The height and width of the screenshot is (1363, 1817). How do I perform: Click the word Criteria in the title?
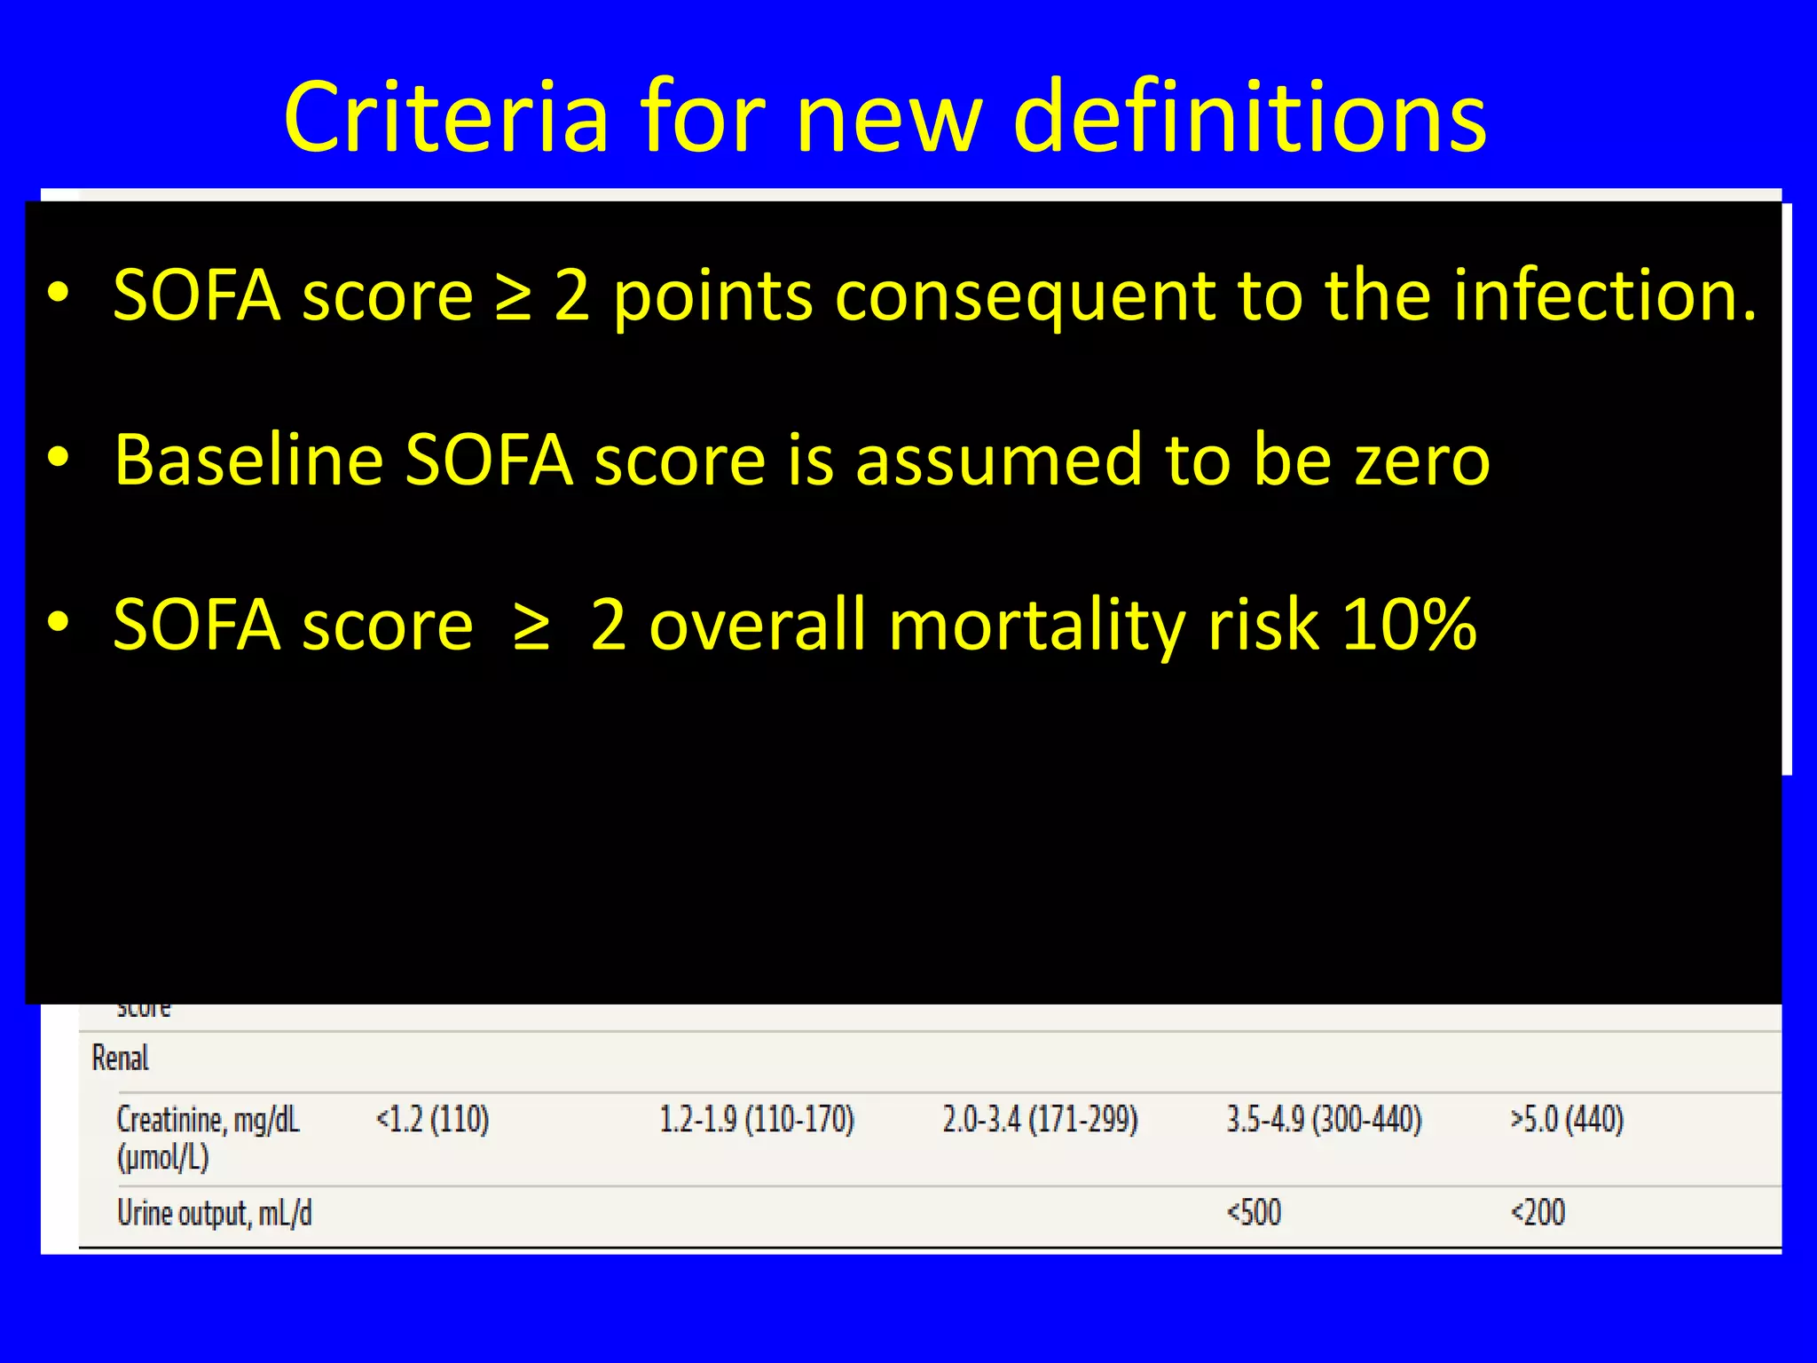click(446, 117)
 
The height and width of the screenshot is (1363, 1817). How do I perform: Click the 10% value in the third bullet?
click(1409, 625)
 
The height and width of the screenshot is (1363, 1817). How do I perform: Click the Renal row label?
click(121, 1059)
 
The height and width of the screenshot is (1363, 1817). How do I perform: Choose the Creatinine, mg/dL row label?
click(208, 1120)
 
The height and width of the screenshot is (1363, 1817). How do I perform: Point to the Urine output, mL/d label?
click(215, 1213)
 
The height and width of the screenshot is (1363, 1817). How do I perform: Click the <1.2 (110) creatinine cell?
click(432, 1120)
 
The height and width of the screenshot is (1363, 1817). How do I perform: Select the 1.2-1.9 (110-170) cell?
click(756, 1120)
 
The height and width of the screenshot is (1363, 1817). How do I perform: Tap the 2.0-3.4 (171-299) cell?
click(1040, 1120)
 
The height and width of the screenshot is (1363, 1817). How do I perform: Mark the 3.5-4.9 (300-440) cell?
click(1324, 1120)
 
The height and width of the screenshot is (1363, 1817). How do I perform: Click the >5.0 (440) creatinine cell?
click(1567, 1120)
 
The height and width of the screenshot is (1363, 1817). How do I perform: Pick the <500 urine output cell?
click(1254, 1213)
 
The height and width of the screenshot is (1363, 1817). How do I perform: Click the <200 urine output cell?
click(1538, 1213)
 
